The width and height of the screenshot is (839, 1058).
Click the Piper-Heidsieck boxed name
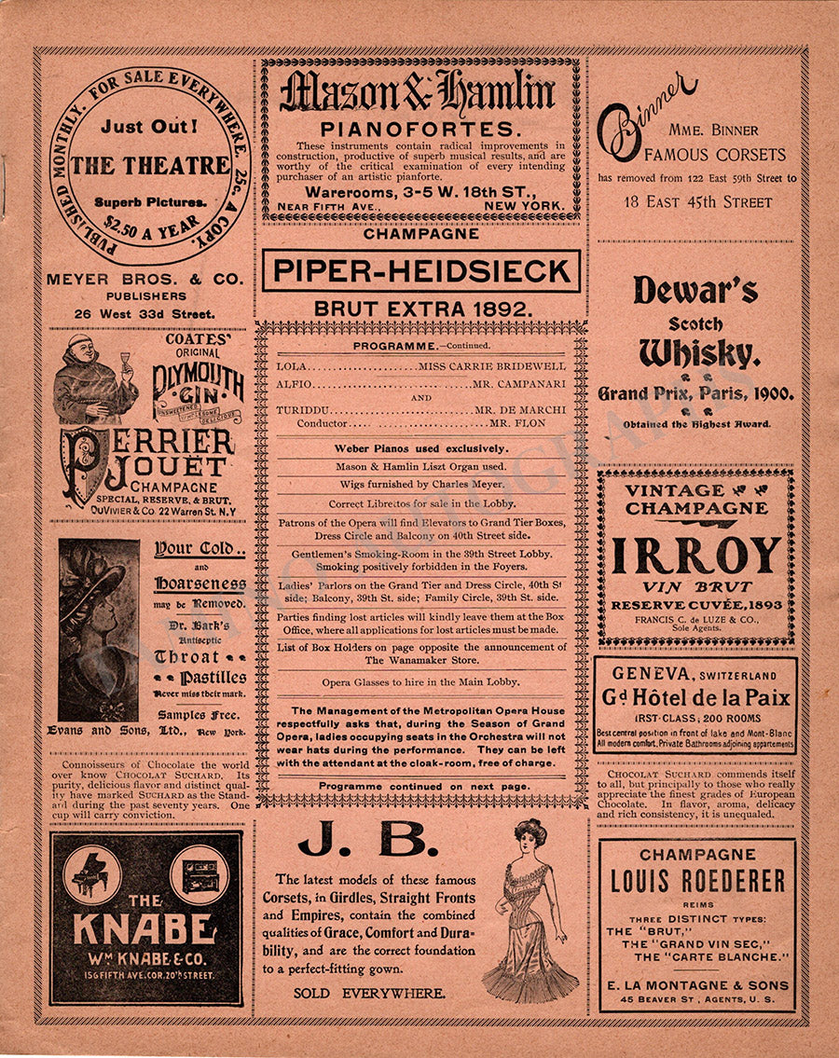tap(420, 271)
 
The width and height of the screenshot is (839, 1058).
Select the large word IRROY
tap(695, 556)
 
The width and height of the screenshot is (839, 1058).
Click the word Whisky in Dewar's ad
tap(696, 353)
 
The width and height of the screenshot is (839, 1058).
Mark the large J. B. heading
tap(368, 843)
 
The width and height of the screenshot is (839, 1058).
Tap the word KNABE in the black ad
tap(145, 929)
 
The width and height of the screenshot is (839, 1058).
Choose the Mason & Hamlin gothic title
tap(419, 93)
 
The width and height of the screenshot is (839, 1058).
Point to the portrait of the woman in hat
tap(98, 629)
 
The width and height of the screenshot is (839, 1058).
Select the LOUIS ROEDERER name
tap(697, 881)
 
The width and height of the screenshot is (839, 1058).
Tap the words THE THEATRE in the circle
tap(150, 166)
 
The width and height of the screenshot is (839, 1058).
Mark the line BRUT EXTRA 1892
tap(421, 307)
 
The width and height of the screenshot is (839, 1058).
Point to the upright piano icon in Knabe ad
tap(199, 874)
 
